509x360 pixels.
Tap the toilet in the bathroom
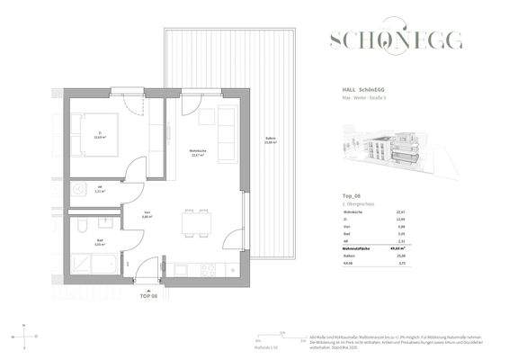[x=82, y=226]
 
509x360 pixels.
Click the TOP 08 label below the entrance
[x=148, y=294]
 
